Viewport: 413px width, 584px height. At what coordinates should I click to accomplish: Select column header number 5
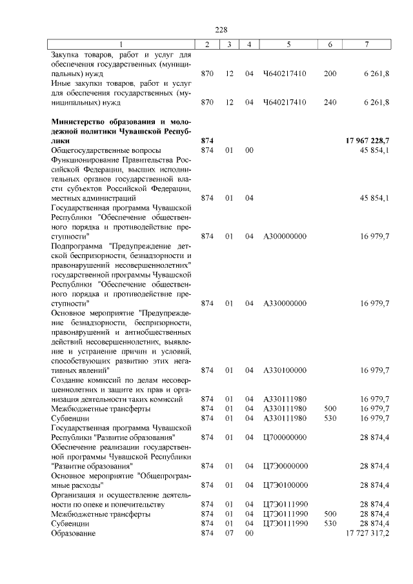coord(288,44)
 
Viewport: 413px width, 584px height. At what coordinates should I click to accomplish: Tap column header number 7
coord(367,44)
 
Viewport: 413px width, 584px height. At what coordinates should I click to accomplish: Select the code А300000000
coord(285,236)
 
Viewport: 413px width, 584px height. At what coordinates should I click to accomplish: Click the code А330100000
coord(285,370)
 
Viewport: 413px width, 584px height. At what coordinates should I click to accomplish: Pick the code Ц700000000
coord(285,438)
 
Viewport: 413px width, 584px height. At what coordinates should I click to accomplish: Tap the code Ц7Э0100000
coord(285,485)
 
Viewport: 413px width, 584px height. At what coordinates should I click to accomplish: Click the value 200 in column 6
coord(330,74)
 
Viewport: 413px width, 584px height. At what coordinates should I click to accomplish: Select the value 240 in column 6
coord(330,102)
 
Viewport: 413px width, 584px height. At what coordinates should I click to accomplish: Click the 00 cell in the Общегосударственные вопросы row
coord(248,150)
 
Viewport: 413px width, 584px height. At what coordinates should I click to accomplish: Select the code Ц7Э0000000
coord(285,466)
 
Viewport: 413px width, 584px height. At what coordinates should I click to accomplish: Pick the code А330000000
coord(285,303)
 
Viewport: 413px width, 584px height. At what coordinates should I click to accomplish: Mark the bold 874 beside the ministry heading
coord(206,141)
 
